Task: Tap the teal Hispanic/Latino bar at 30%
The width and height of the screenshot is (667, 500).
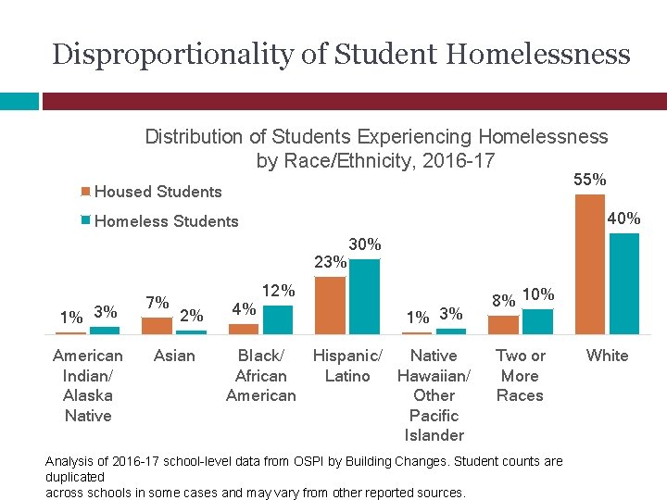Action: (x=365, y=295)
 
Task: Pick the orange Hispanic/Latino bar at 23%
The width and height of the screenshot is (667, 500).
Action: (x=331, y=305)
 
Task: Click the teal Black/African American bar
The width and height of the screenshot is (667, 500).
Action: (x=278, y=319)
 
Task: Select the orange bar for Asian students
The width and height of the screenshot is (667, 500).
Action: (x=157, y=325)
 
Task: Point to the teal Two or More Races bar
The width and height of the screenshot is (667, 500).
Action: (x=538, y=321)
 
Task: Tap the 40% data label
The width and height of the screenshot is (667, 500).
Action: (x=623, y=219)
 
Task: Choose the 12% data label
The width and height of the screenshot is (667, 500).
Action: (x=278, y=291)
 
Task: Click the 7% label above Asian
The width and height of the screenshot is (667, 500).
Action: (x=157, y=303)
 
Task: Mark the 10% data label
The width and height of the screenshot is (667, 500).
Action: (x=538, y=294)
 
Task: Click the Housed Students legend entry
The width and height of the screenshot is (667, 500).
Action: (x=157, y=192)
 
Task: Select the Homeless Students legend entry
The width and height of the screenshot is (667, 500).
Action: (x=166, y=221)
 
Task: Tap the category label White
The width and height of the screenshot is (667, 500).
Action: (x=608, y=356)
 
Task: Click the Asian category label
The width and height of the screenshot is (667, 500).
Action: (x=174, y=356)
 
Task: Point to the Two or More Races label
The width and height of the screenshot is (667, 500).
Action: (x=521, y=375)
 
